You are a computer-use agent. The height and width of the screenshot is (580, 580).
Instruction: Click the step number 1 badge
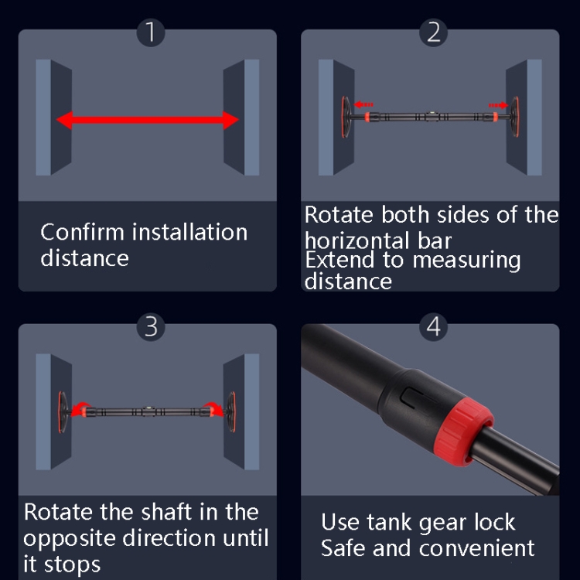[151, 32]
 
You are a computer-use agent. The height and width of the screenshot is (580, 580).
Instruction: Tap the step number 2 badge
[434, 32]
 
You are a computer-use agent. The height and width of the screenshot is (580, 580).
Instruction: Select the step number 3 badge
[151, 327]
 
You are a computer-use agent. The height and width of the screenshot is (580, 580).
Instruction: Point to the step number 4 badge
[434, 327]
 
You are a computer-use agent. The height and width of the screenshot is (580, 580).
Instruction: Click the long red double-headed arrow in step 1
[147, 120]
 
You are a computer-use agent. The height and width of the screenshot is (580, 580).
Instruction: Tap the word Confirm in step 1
[82, 232]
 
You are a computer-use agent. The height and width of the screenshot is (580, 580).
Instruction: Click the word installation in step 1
[189, 232]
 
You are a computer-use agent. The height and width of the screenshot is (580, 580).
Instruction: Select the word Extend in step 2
[339, 260]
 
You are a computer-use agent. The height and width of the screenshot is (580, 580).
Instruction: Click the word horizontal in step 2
[357, 241]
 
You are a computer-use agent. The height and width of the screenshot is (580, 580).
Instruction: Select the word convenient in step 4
[477, 548]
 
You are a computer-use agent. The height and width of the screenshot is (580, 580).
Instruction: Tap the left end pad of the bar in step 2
[346, 117]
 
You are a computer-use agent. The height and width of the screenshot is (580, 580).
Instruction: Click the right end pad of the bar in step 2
[514, 117]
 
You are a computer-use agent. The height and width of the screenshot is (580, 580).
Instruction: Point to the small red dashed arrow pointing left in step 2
[363, 105]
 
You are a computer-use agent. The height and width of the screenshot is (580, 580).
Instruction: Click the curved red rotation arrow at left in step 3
[80, 409]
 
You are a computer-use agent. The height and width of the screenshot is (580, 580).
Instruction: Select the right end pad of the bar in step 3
[231, 412]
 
